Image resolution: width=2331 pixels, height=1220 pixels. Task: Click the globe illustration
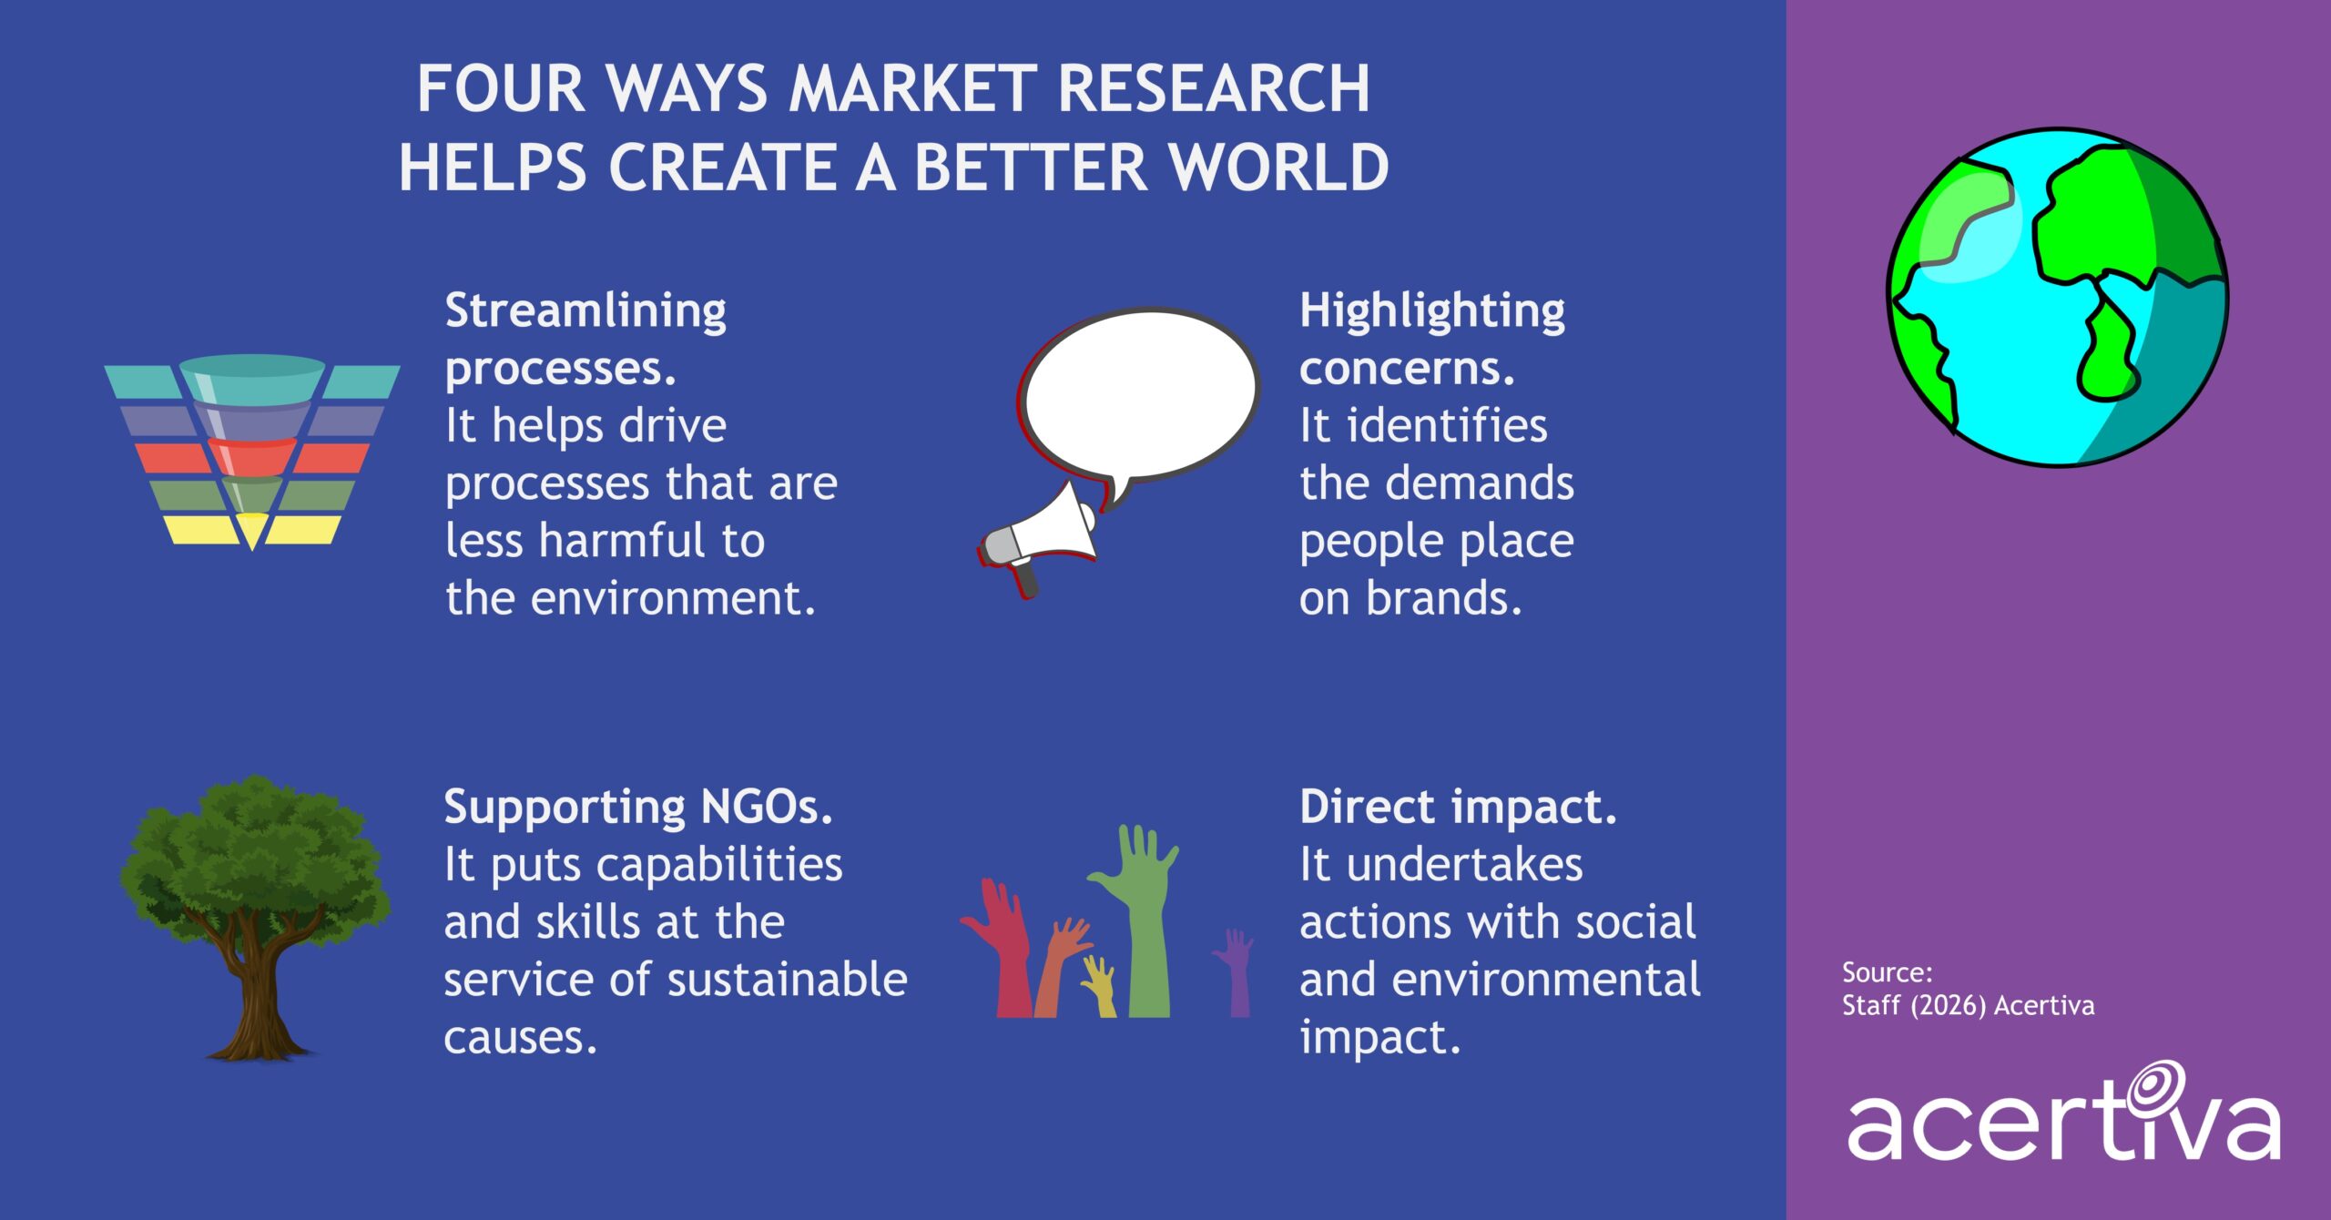point(2057,297)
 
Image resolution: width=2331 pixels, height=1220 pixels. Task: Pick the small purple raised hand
point(1237,974)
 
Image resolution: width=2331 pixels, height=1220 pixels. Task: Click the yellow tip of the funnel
point(251,528)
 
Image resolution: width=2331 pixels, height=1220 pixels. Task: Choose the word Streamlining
point(585,311)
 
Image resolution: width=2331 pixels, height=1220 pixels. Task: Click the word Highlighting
point(1432,311)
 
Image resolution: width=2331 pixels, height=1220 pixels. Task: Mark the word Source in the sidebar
point(1886,972)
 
